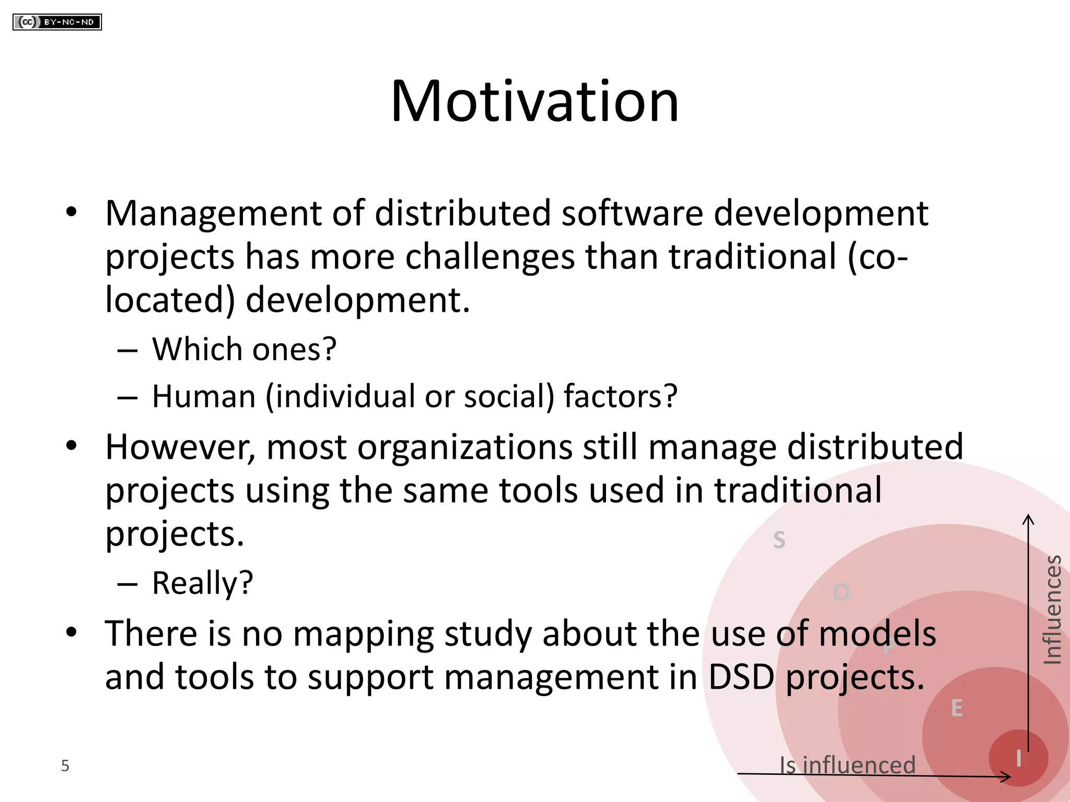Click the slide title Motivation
coord(534,101)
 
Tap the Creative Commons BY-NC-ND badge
coord(57,22)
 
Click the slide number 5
coord(65,765)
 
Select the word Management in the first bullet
coord(213,214)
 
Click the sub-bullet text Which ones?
coord(244,349)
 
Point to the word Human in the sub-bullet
coord(204,396)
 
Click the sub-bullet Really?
coord(202,583)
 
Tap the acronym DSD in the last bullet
coord(741,677)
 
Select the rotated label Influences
coord(1052,610)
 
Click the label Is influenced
coord(847,765)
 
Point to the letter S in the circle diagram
coord(779,540)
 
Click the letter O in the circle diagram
coord(841,592)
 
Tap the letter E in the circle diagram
coord(957,709)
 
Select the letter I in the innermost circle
coord(1018,759)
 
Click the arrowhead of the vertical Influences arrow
coord(1028,518)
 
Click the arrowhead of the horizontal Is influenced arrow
coord(1007,777)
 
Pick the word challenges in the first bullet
coord(490,257)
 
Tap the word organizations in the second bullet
coord(465,447)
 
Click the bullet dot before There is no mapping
coord(72,632)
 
